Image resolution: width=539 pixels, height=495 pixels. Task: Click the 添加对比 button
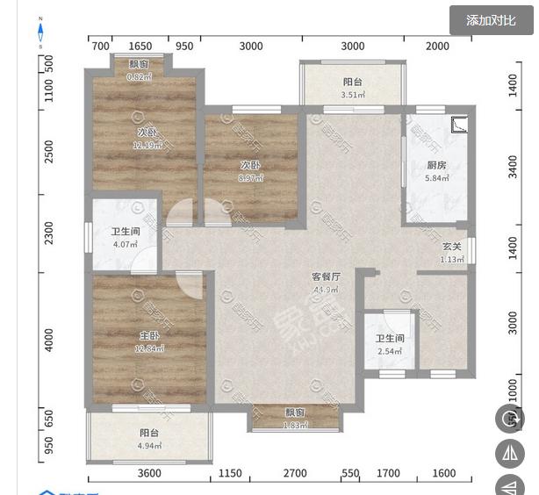tap(491, 20)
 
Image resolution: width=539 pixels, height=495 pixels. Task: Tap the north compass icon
tap(40, 32)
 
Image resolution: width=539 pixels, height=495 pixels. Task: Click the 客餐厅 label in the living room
tap(326, 276)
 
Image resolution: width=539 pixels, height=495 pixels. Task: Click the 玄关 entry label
tap(451, 247)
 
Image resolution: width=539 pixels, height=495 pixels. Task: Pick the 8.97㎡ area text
tap(250, 177)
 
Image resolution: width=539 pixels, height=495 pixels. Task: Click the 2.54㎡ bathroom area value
tap(389, 351)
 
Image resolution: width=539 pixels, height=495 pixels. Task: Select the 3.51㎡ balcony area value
tap(352, 96)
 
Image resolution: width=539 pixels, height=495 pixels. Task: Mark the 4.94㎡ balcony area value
tap(148, 445)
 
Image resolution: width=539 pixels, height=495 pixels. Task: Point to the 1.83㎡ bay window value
tap(295, 426)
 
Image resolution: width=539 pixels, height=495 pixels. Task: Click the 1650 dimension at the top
tap(140, 47)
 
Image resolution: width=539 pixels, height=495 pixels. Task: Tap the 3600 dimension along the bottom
tap(149, 474)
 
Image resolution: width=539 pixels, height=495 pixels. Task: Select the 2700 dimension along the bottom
tap(295, 474)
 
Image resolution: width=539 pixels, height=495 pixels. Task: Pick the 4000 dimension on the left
tap(49, 338)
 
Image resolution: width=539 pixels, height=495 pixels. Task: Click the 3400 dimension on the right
tap(514, 167)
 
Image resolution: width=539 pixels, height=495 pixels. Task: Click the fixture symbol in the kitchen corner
tap(459, 125)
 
